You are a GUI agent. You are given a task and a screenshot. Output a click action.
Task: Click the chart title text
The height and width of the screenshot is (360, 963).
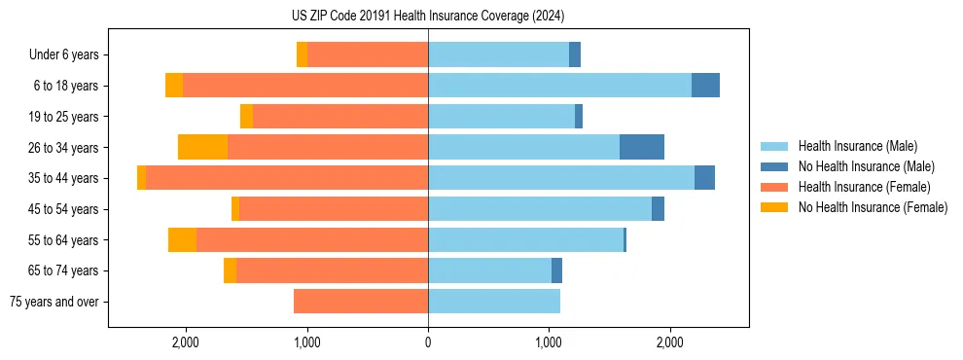pyautogui.click(x=428, y=17)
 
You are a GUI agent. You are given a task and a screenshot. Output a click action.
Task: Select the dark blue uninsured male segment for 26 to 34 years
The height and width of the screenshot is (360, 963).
pyautogui.click(x=642, y=147)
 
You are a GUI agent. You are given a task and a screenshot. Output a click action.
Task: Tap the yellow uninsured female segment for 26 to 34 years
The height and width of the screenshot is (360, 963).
pyautogui.click(x=202, y=147)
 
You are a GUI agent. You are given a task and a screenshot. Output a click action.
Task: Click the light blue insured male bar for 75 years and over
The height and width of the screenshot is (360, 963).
pyautogui.click(x=494, y=302)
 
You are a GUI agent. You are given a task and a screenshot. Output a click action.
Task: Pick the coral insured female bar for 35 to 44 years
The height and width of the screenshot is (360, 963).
pyautogui.click(x=287, y=178)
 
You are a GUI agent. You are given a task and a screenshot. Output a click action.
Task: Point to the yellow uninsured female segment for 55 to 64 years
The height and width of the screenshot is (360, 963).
pyautogui.click(x=182, y=240)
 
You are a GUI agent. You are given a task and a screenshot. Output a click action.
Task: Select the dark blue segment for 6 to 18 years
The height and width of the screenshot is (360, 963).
pyautogui.click(x=705, y=86)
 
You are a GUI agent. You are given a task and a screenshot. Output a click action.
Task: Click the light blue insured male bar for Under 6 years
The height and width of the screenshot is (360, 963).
pyautogui.click(x=498, y=54)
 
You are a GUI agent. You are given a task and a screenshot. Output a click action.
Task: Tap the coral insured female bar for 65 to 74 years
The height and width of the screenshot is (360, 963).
pyautogui.click(x=332, y=270)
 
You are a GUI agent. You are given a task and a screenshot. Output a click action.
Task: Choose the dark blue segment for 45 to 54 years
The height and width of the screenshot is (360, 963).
pyautogui.click(x=658, y=209)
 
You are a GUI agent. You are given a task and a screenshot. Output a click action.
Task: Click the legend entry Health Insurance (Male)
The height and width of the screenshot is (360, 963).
pyautogui.click(x=857, y=147)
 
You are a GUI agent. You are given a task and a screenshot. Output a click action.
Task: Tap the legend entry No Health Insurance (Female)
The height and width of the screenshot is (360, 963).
pyautogui.click(x=873, y=207)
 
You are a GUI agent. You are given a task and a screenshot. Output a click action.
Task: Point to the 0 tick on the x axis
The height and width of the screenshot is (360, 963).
pyautogui.click(x=428, y=342)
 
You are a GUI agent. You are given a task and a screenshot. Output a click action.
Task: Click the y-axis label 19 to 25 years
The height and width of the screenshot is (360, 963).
pyautogui.click(x=64, y=117)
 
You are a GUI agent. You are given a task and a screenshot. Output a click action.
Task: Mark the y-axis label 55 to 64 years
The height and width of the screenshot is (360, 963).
pyautogui.click(x=64, y=240)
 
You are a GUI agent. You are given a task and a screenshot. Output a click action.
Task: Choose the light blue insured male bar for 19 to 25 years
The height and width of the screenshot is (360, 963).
pyautogui.click(x=501, y=117)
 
